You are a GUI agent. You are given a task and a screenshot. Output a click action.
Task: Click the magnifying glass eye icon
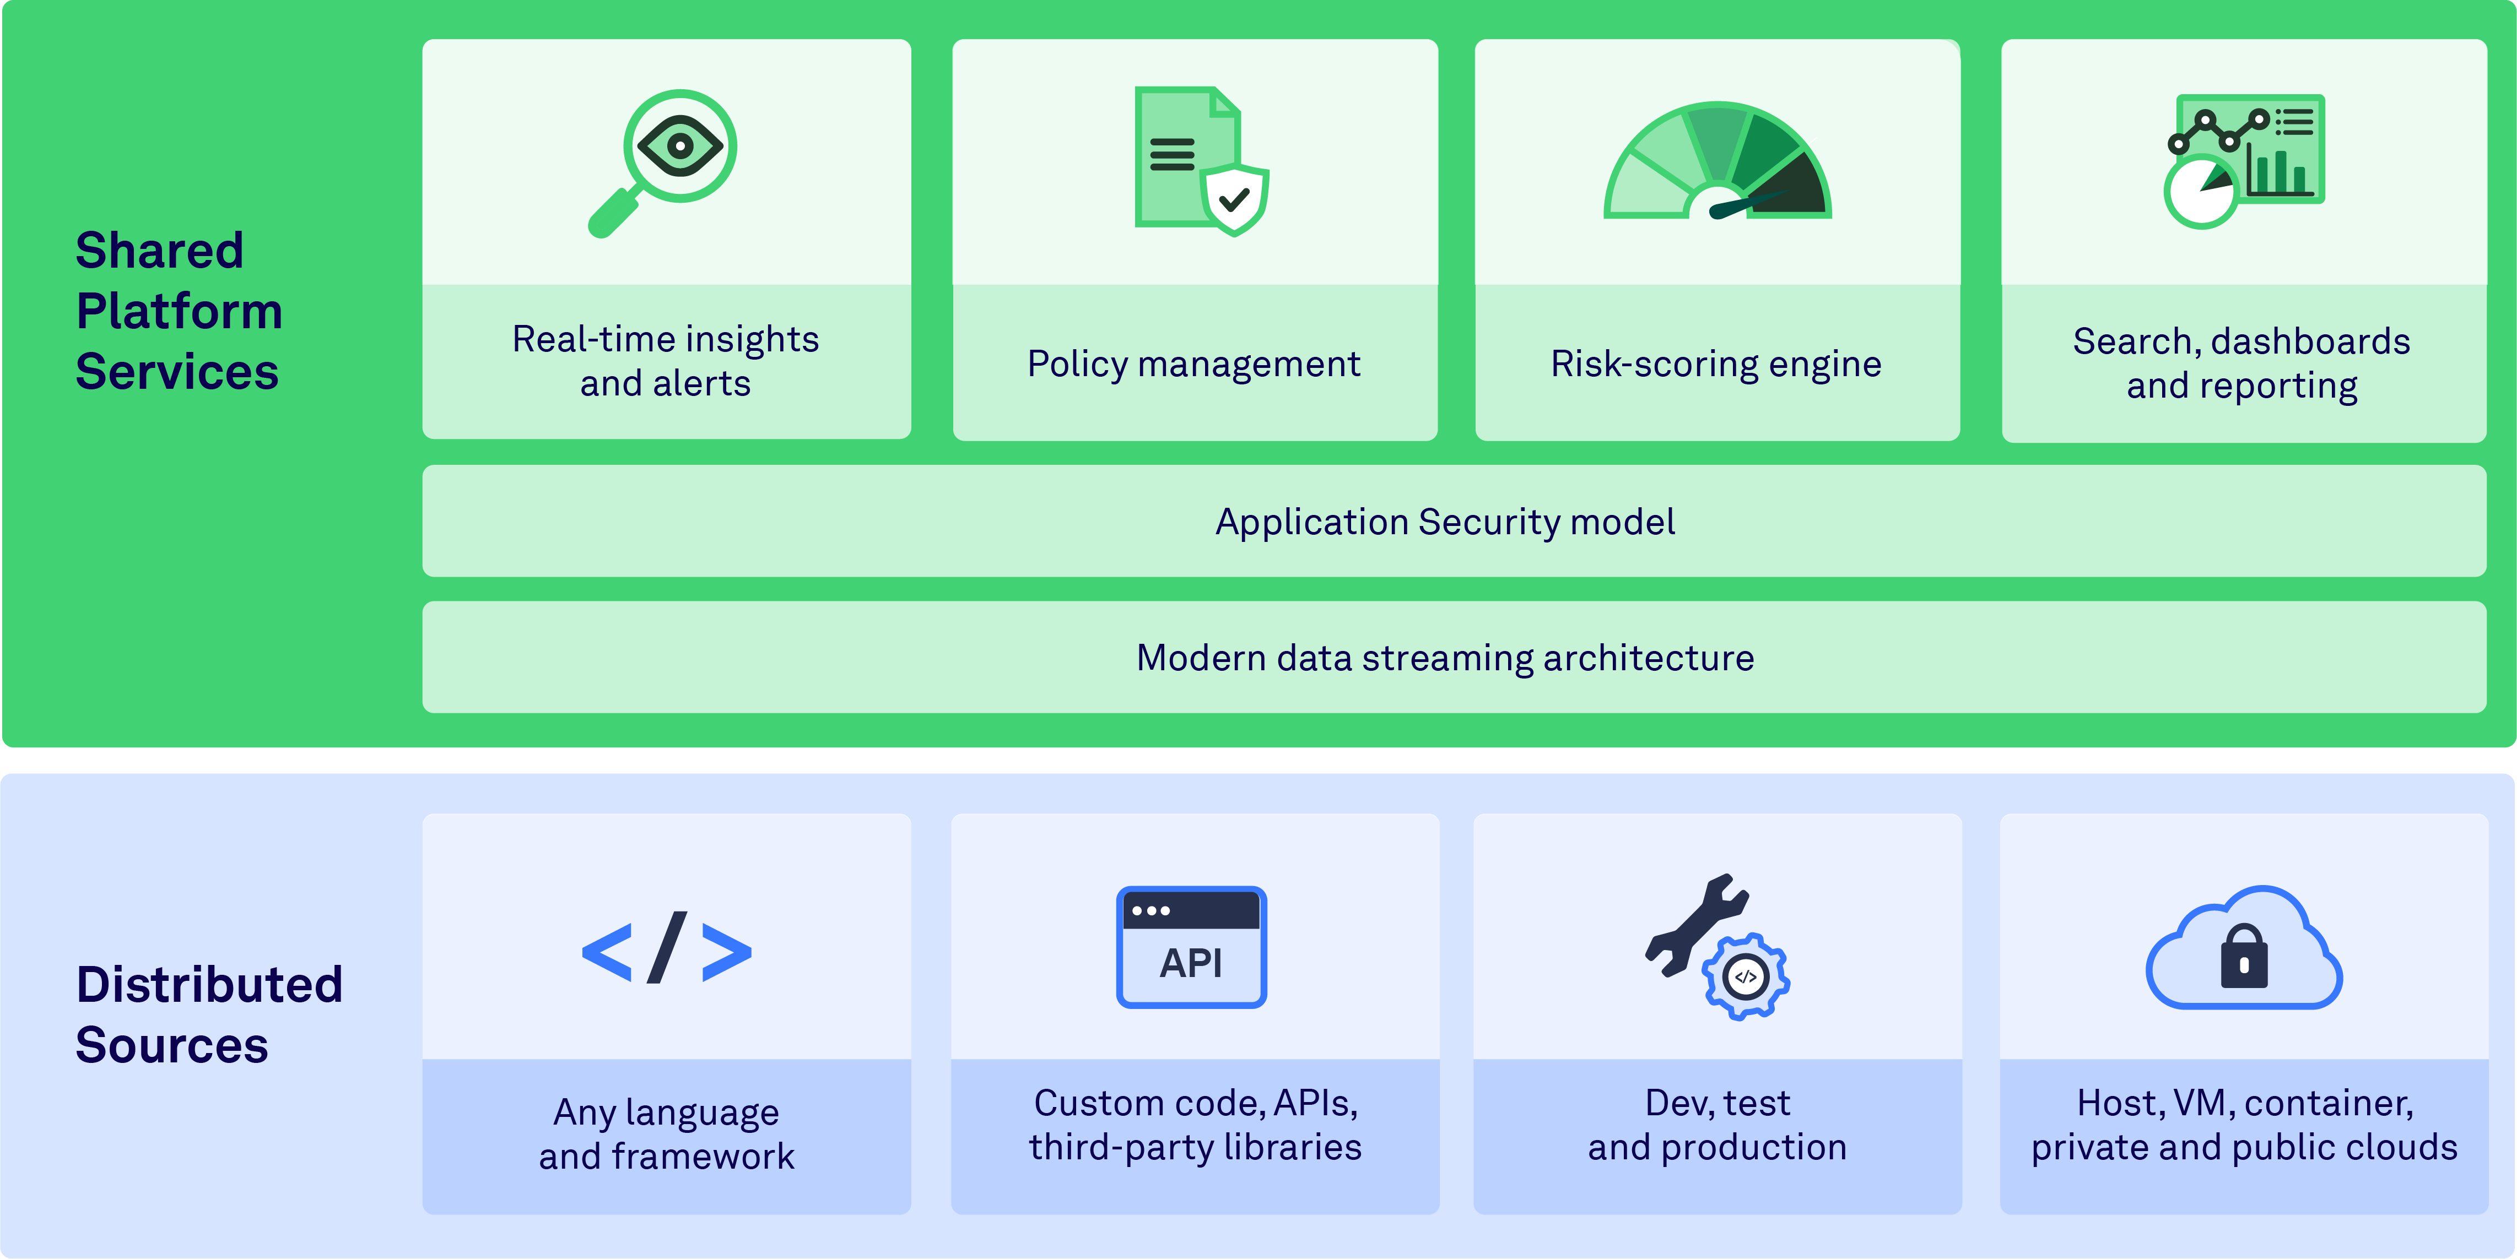(665, 161)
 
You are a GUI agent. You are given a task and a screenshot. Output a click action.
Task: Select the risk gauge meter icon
(1717, 162)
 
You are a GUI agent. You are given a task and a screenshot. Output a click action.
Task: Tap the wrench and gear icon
(1717, 946)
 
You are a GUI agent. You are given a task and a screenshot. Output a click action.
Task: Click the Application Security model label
(1445, 522)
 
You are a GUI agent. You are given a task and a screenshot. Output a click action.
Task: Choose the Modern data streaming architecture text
(1445, 658)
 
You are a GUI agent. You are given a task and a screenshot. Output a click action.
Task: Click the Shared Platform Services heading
(179, 311)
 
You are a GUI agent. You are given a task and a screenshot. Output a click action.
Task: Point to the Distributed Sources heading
(209, 1014)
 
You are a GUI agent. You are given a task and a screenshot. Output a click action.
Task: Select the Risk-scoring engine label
(1716, 363)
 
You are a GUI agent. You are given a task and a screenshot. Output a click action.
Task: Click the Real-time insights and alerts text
(666, 360)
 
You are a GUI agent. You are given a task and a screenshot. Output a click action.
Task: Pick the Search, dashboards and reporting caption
(2241, 362)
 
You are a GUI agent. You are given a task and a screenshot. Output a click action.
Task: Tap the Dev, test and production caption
(1717, 1124)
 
